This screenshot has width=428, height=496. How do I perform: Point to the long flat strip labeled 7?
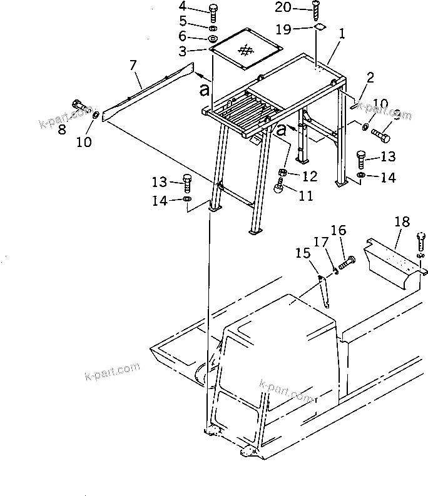click(148, 91)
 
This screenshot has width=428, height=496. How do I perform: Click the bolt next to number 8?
click(81, 107)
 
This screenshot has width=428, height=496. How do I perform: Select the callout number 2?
click(370, 78)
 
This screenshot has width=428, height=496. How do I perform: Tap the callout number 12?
click(310, 176)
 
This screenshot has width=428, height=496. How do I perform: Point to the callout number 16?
click(338, 231)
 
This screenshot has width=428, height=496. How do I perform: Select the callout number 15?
click(303, 253)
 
